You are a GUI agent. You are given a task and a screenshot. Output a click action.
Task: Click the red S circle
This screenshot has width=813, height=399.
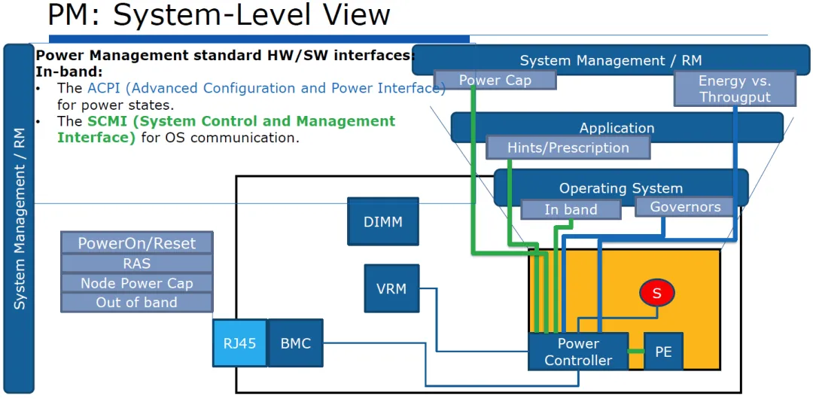pos(656,293)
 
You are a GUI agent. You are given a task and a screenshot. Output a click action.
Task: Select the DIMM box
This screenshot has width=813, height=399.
pos(383,221)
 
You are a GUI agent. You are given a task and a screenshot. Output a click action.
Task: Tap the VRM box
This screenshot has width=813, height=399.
pos(392,288)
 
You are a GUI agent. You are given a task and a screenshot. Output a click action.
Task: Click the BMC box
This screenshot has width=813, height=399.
pos(296,343)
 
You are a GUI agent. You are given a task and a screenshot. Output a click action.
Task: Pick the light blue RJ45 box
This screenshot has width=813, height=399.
pos(240,343)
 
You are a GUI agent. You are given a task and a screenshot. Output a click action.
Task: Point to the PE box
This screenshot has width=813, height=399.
pos(664,352)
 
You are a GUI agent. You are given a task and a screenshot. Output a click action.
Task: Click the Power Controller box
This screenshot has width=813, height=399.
pos(578,352)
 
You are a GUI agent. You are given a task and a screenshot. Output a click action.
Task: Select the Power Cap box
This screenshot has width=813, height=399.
pos(495,81)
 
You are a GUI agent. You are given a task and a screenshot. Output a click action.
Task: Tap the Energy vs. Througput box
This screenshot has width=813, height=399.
pos(735,89)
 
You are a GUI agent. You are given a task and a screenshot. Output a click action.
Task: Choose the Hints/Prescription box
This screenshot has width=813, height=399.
pos(568,148)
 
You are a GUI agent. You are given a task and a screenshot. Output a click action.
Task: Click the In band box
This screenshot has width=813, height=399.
pos(571,209)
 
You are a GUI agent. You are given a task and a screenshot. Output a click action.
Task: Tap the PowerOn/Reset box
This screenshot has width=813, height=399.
pos(137,243)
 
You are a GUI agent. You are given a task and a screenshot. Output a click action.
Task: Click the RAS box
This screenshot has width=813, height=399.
pos(137,263)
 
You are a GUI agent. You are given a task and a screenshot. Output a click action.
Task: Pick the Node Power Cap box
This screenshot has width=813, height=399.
pos(137,283)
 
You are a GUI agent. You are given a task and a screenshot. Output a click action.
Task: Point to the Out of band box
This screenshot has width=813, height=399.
pos(137,303)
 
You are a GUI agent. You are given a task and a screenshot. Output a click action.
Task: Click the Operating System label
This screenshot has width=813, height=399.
pos(620,188)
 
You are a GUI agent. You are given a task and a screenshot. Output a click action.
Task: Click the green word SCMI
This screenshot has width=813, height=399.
pos(107,121)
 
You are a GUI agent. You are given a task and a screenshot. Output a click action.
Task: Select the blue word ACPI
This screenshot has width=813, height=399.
pos(103,87)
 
